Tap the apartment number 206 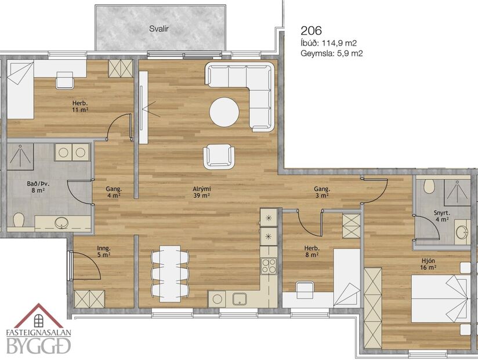coord(311,30)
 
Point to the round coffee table coord(224,112)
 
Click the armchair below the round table coord(219,155)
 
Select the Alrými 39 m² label coord(201,192)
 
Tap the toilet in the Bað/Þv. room coord(19,220)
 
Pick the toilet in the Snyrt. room coord(429,186)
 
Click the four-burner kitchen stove coord(269,266)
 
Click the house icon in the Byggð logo coord(39,318)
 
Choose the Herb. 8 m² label coord(311,251)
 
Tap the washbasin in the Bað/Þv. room coord(60,223)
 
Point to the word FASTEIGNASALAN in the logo coord(38,334)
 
